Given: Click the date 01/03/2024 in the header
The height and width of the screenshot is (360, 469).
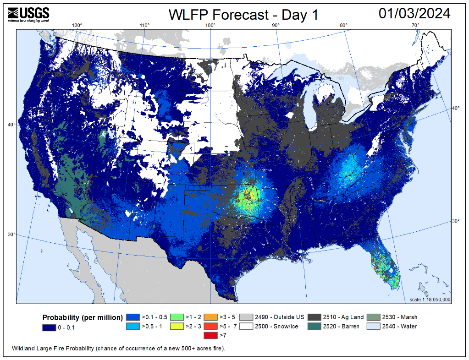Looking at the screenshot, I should point(414,14).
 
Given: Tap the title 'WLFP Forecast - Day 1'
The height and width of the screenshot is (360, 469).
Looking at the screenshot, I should point(243,15).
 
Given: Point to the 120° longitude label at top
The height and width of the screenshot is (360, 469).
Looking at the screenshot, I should point(77,25).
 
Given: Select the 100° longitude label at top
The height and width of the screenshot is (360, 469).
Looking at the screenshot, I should point(211,25).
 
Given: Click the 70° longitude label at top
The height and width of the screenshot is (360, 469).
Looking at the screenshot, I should point(416,25).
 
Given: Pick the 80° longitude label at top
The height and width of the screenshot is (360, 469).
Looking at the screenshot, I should point(344,25).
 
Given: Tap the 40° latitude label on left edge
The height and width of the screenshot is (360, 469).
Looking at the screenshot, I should point(11,124).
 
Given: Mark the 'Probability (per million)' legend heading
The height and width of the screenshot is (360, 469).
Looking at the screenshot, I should point(83,317).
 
